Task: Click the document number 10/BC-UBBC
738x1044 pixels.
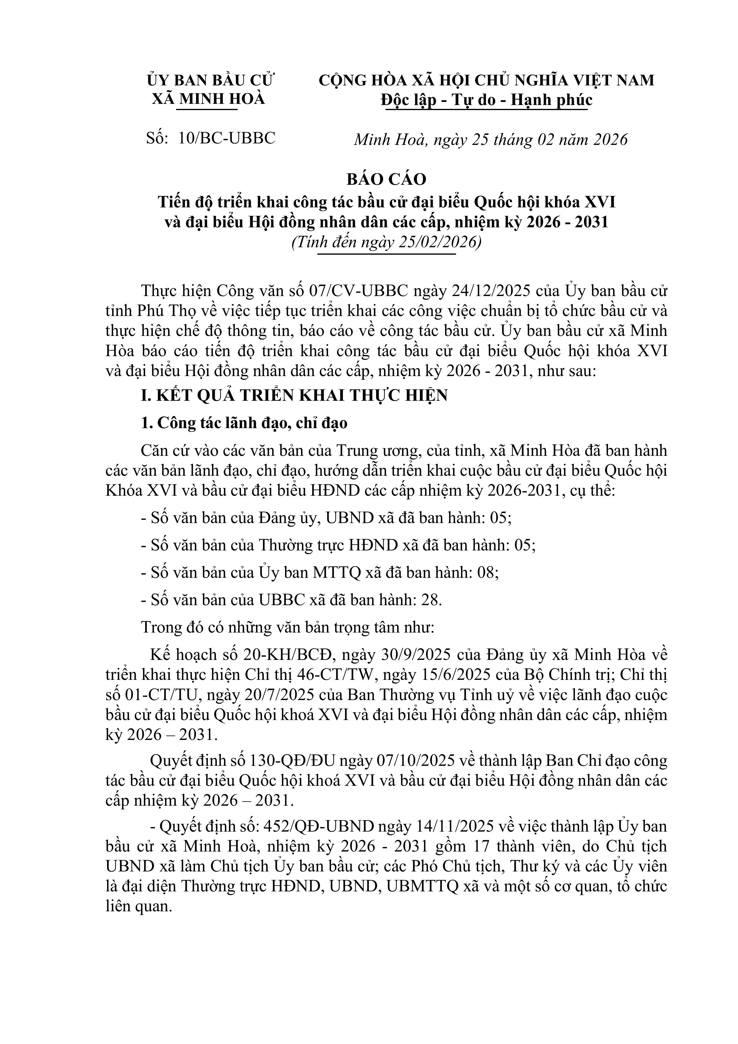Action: point(227,138)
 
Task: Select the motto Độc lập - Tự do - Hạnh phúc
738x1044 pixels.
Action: point(487,100)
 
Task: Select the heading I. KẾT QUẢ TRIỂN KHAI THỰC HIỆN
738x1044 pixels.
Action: point(294,395)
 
